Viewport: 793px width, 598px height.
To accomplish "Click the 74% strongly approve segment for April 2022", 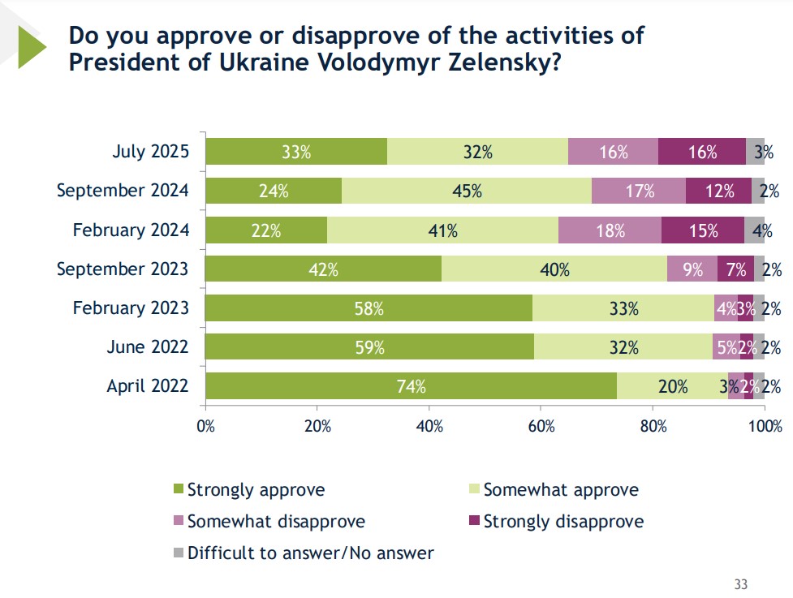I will point(411,386).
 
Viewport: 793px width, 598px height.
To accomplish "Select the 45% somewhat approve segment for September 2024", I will point(467,191).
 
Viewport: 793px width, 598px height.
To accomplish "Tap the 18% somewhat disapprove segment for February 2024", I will point(610,230).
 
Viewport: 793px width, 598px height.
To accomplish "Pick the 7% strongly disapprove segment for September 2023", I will point(735,269).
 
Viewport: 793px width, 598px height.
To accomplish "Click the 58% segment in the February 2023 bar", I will point(368,308).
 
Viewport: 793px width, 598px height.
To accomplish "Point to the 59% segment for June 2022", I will point(369,347).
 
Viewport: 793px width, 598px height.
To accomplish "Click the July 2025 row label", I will point(151,152).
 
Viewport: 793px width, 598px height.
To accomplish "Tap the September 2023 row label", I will point(123,269).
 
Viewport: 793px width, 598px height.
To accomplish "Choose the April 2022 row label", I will point(148,386).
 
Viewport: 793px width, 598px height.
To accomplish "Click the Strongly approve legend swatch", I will point(179,490).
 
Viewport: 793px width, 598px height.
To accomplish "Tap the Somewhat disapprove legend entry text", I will point(276,522).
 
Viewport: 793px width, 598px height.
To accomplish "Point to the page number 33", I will point(740,584).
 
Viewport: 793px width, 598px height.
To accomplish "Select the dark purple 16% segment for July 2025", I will point(701,152).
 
